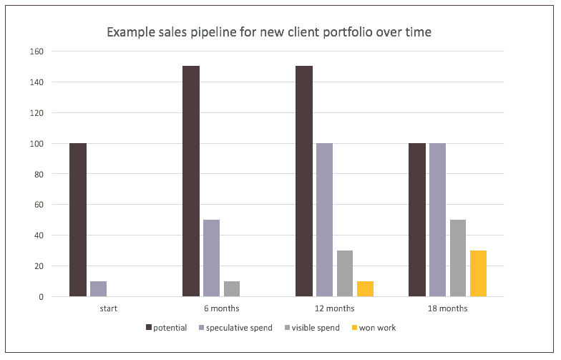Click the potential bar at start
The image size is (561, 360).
78,220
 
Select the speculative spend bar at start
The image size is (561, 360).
98,288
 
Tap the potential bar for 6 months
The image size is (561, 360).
191,181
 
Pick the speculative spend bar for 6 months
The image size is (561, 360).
211,258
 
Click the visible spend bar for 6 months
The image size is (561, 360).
231,288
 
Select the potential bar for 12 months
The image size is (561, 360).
304,181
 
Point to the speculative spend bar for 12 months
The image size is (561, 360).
324,220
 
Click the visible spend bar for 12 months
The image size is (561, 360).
344,273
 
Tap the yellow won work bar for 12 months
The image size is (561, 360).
364,288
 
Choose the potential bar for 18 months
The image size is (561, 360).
417,220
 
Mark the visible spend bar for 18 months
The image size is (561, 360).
458,258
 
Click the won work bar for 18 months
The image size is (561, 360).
478,273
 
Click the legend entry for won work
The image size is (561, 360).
375,328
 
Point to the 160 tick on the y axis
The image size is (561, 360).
36,52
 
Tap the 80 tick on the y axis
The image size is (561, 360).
39,174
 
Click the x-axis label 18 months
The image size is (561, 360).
447,308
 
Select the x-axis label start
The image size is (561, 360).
109,308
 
